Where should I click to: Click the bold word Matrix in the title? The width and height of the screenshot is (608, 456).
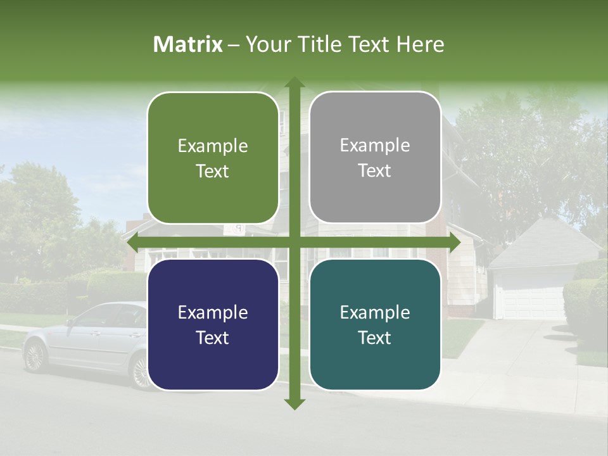(188, 44)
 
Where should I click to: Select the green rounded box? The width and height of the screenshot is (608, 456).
(213, 158)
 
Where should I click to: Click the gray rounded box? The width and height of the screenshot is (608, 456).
(375, 158)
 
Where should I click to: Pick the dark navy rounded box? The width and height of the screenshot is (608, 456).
(213, 325)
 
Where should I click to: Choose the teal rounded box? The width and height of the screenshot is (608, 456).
(375, 325)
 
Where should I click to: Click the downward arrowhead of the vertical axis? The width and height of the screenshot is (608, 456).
(294, 403)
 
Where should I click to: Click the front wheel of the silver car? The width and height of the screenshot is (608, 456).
(35, 357)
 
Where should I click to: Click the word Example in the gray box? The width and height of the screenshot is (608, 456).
(375, 145)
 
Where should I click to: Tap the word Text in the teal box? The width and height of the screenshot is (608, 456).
(375, 338)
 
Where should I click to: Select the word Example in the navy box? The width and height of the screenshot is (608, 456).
(213, 312)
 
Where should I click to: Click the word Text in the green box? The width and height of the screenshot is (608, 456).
(213, 171)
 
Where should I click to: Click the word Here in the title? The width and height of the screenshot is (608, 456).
(420, 44)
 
